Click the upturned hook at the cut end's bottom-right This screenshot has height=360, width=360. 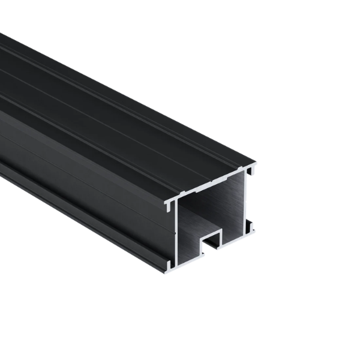coord(250,227)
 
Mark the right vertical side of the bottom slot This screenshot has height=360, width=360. coord(221,238)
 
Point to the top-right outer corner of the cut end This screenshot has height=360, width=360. coord(255,163)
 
